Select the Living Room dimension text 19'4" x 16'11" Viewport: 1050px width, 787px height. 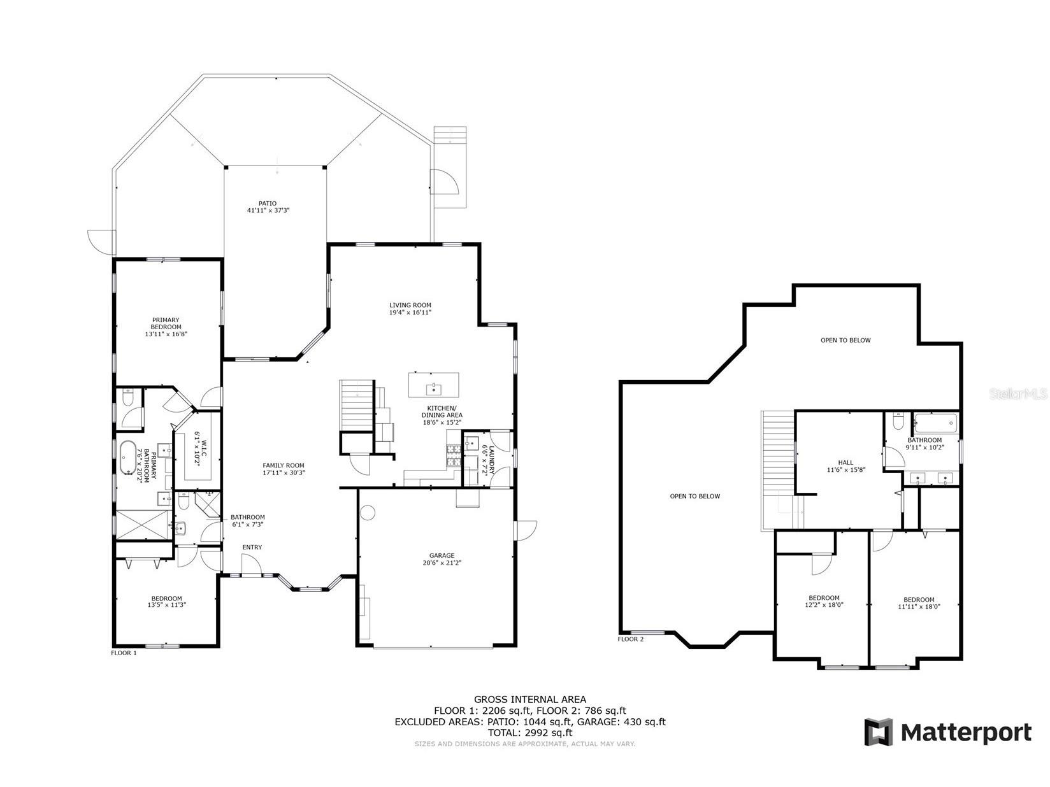tap(410, 313)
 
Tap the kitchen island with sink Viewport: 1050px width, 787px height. tap(434, 385)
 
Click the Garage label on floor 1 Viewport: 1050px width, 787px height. tap(442, 556)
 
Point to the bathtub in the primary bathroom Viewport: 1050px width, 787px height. tap(127, 456)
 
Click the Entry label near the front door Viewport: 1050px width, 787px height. tap(252, 547)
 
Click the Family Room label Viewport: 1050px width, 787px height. tap(284, 465)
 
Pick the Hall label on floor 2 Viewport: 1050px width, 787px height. tap(845, 463)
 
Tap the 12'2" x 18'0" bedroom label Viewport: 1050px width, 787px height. tap(824, 598)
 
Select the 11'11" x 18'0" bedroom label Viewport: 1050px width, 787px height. tap(919, 600)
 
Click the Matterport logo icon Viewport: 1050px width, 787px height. tap(879, 732)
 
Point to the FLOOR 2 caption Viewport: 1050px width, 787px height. tap(631, 639)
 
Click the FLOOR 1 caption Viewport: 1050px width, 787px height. tap(124, 653)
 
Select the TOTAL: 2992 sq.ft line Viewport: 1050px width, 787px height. tap(529, 733)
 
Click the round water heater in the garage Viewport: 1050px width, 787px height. tap(368, 512)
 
